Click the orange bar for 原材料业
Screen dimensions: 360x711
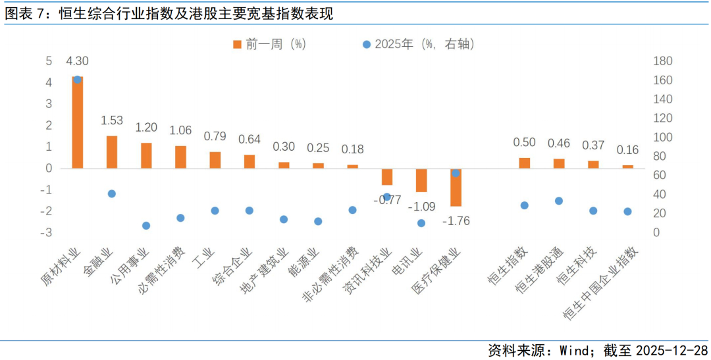[x=78, y=122]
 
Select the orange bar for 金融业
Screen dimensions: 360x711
[x=112, y=152]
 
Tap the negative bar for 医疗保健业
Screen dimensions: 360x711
[x=455, y=187]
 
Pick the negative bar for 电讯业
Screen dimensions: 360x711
[x=421, y=180]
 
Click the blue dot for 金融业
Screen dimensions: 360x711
[x=112, y=193]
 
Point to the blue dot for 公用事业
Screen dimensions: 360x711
[x=146, y=225]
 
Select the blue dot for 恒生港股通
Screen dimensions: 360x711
[x=558, y=201]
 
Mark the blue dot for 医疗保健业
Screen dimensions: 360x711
[x=455, y=173]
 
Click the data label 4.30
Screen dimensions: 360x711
[x=78, y=61]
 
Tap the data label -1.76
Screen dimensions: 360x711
[x=455, y=220]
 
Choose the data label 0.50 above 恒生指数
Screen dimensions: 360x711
[x=524, y=143]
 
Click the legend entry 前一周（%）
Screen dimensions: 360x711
[x=270, y=44]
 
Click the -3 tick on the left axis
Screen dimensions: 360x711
[x=48, y=232]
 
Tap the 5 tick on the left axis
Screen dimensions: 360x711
[x=48, y=61]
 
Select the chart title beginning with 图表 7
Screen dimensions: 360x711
[x=168, y=14]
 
